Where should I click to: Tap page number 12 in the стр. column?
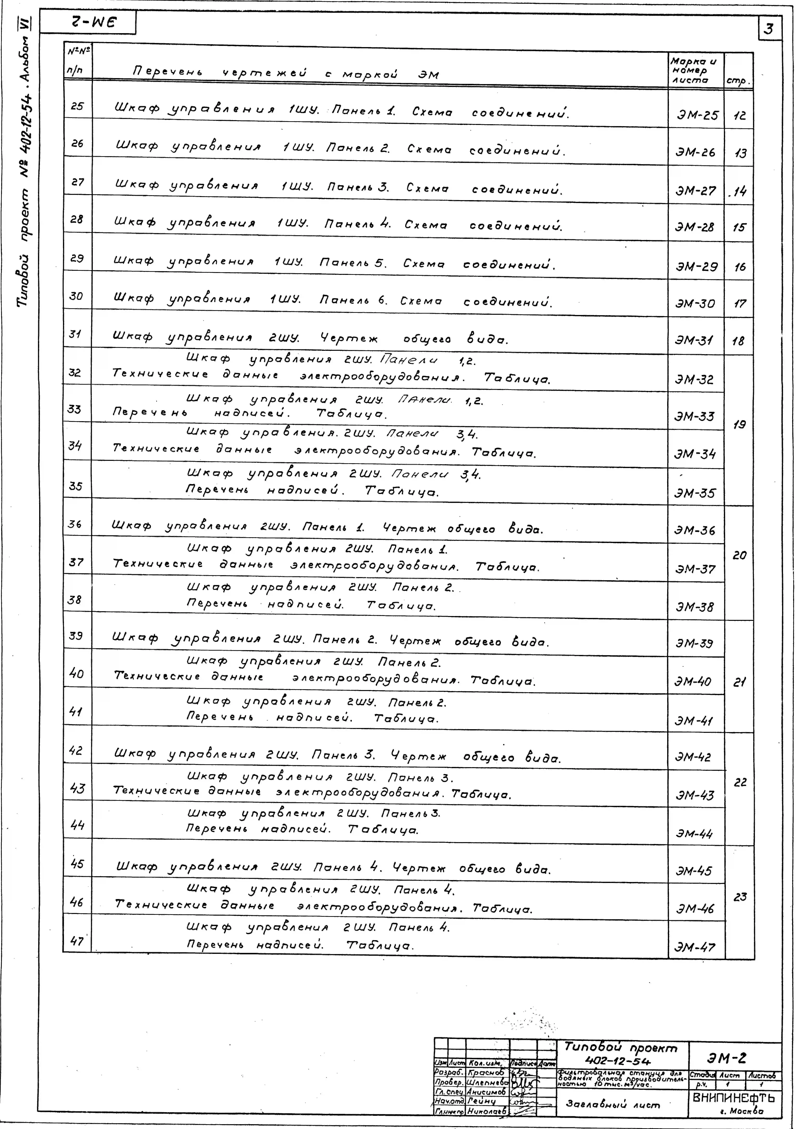click(739, 116)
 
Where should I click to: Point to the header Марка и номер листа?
click(694, 70)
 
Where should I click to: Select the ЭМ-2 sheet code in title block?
click(727, 1058)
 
